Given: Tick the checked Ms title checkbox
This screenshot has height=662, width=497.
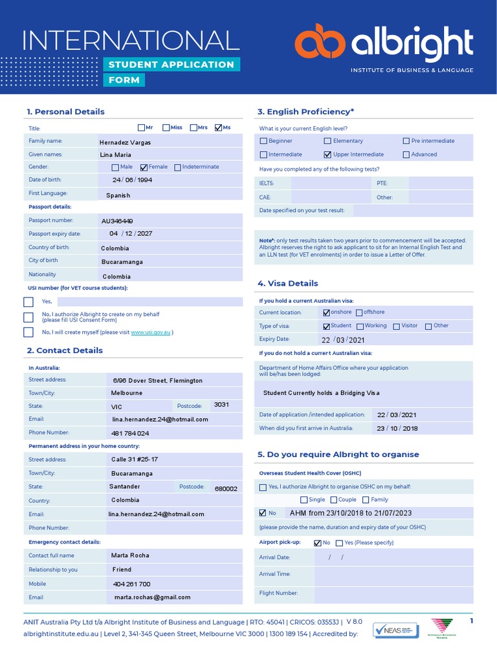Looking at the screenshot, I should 218,128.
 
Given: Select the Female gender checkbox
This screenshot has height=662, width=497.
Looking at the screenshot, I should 144,167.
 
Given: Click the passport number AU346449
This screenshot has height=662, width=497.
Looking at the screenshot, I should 117,221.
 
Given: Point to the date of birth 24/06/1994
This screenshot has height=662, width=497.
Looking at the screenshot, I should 132,180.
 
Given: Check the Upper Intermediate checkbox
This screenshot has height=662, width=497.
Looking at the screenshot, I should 327,155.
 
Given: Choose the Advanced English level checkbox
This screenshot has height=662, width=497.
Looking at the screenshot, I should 406,155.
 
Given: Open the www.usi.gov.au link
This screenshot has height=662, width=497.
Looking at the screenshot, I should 151,332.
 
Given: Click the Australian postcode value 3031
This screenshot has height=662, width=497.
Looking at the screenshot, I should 221,404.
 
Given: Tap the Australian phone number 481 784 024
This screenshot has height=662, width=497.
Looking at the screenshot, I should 131,433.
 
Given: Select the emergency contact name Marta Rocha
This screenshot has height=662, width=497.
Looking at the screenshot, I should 131,555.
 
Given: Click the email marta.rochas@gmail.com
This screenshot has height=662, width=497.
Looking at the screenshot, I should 152,597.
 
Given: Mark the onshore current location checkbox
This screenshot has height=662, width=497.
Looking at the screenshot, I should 327,312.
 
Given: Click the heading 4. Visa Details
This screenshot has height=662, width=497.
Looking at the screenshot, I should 287,283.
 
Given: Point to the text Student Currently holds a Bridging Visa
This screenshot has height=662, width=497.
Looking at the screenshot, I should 322,393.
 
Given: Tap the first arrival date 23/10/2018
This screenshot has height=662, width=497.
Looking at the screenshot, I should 397,428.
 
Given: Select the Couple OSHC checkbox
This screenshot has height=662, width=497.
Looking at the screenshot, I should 334,500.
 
